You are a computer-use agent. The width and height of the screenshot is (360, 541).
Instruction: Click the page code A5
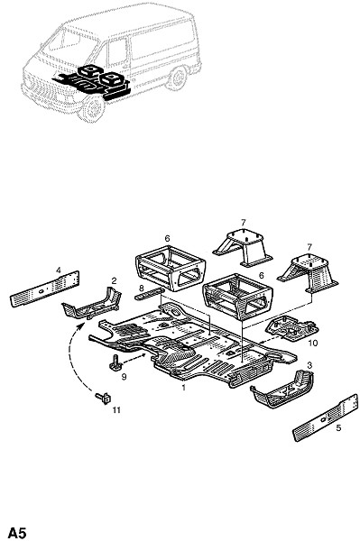click(x=17, y=532)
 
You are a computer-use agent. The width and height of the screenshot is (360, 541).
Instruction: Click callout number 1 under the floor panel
click(x=184, y=388)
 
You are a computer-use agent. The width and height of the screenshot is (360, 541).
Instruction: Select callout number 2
click(x=114, y=280)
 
